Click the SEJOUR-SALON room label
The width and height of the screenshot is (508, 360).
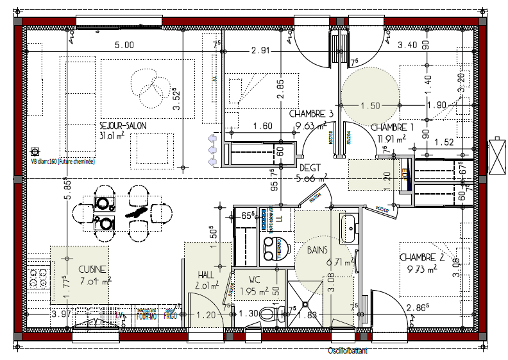pyautogui.click(x=123, y=126)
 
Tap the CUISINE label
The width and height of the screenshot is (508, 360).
pyautogui.click(x=92, y=270)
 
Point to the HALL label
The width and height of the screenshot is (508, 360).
pyautogui.click(x=206, y=274)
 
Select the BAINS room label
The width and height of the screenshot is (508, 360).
pyautogui.click(x=318, y=249)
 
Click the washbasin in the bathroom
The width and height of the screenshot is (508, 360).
pyautogui.click(x=349, y=229)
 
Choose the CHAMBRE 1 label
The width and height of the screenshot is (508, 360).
pyautogui.click(x=393, y=127)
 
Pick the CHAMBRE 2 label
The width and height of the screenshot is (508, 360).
pyautogui.click(x=421, y=257)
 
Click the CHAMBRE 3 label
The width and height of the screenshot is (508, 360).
pyautogui.click(x=311, y=114)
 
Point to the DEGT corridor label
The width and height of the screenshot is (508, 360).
pyautogui.click(x=310, y=167)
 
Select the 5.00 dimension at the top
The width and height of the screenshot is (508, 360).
pyautogui.click(x=124, y=45)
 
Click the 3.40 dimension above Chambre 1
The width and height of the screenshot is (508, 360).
pyautogui.click(x=408, y=45)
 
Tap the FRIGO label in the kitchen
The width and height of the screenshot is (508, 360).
pyautogui.click(x=169, y=316)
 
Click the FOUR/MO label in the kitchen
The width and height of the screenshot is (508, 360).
pyautogui.click(x=146, y=316)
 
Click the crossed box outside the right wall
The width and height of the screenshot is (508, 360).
pyautogui.click(x=497, y=157)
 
